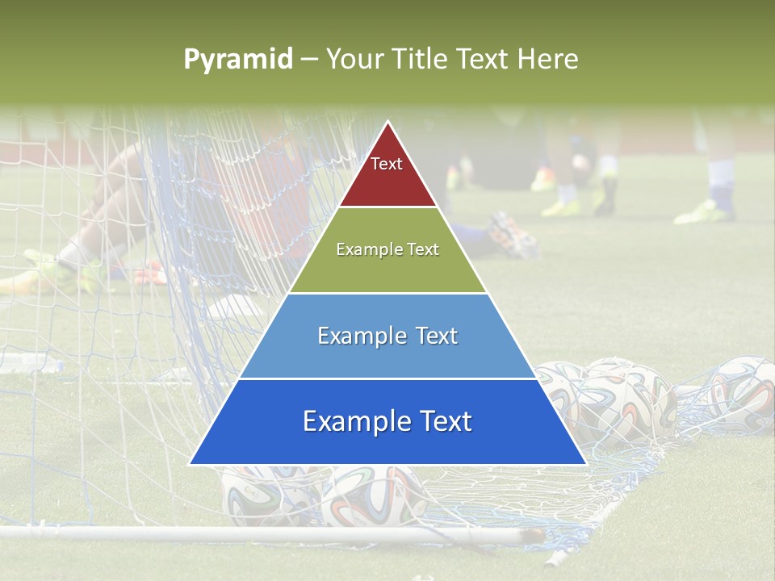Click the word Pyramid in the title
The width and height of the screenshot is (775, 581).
(237, 60)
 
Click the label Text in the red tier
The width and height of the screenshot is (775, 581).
(387, 164)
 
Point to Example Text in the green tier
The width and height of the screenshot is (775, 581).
(387, 249)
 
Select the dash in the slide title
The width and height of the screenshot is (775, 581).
(308, 60)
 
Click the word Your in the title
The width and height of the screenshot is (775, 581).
(353, 59)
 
